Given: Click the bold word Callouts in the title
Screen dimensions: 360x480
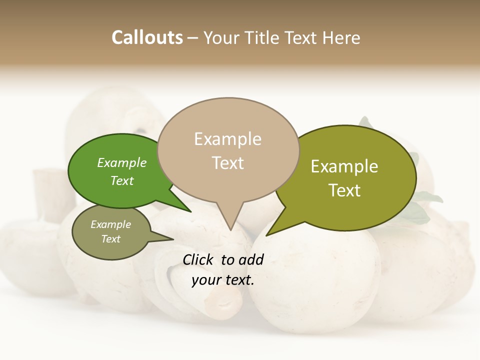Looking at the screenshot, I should coord(147,37).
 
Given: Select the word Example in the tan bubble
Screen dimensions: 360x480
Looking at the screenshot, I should coord(227,139).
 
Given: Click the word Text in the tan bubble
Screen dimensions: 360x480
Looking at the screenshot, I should coord(228,163).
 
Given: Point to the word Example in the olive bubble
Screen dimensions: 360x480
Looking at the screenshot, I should coord(344,166).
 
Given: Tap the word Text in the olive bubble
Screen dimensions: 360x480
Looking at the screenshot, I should coord(344,190).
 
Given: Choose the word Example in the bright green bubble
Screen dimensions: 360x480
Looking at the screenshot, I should coord(121,163).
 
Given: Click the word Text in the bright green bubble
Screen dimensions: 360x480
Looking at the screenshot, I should coord(122,180).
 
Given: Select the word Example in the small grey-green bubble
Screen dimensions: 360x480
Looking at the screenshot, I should coord(110,224).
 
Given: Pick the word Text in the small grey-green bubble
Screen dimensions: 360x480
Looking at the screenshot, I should coord(110,239).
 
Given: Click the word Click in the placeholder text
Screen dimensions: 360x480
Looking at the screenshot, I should coord(199,259).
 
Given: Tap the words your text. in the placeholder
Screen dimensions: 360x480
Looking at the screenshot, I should coord(223,280).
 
